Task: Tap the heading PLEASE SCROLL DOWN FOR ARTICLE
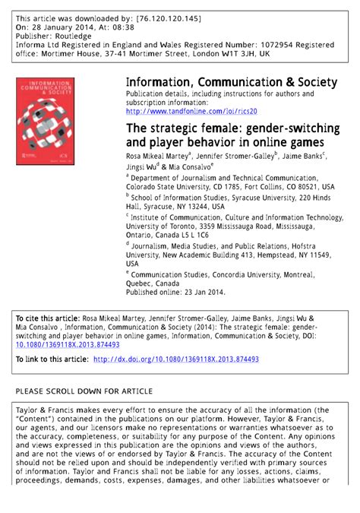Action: click(84, 391)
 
